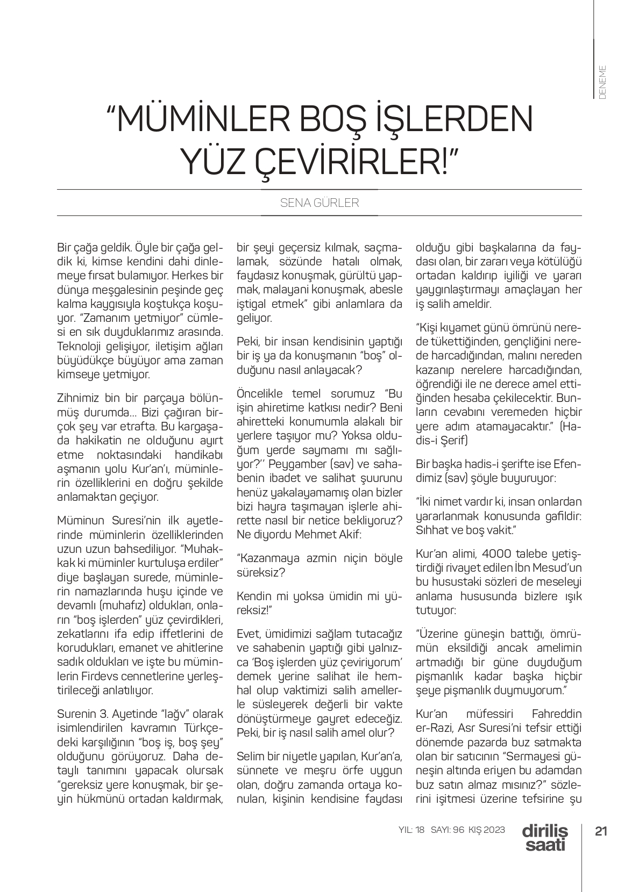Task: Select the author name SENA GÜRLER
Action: coord(319,203)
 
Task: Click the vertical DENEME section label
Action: coord(602,82)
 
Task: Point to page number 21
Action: coord(601,830)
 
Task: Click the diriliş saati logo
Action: coord(544,837)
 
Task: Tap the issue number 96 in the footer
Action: coord(458,830)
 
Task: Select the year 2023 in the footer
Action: coord(493,830)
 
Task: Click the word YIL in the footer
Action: coord(404,830)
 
